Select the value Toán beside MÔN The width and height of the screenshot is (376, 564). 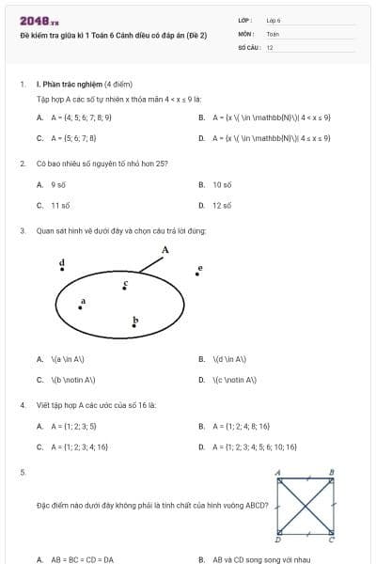click(x=273, y=33)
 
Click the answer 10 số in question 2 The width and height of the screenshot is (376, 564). click(x=222, y=185)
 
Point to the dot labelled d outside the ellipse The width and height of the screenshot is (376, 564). click(x=63, y=270)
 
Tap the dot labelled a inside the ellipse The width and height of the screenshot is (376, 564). click(x=83, y=305)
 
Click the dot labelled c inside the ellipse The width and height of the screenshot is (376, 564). click(x=125, y=287)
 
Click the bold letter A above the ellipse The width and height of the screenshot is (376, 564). click(x=165, y=250)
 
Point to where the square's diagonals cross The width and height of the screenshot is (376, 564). click(x=305, y=506)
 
